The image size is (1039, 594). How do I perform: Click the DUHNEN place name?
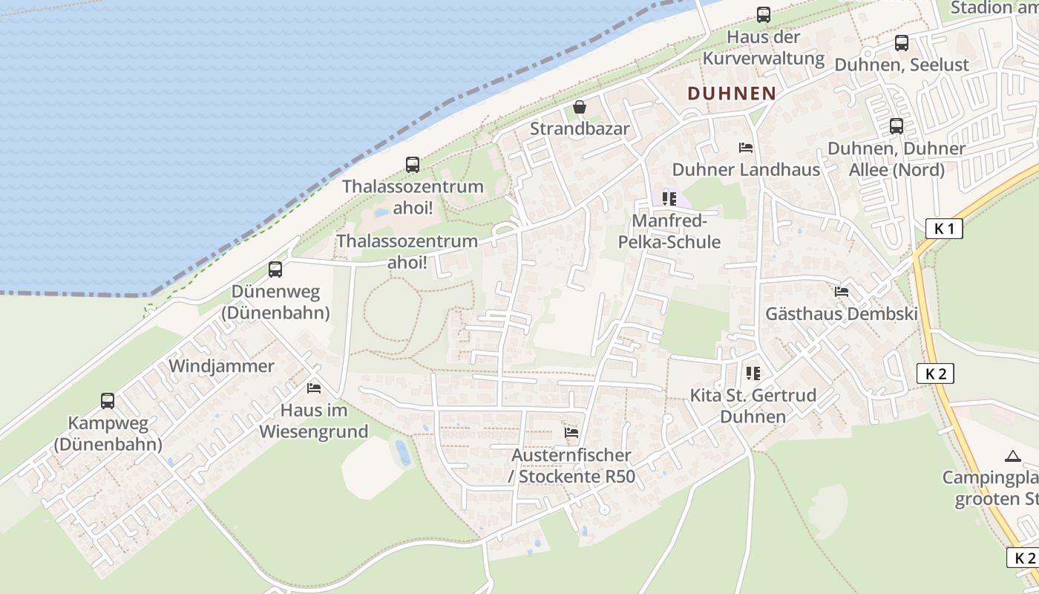[x=731, y=94]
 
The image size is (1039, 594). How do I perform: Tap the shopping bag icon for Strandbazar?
[x=580, y=108]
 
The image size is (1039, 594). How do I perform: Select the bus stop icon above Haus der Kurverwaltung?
[x=763, y=14]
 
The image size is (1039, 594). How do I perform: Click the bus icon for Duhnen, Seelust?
[x=901, y=43]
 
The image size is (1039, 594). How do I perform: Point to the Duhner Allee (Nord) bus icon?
[x=897, y=126]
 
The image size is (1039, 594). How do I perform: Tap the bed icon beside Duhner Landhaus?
[x=746, y=148]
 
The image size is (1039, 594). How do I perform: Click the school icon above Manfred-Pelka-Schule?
[x=669, y=199]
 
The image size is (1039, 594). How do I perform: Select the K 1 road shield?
[x=944, y=229]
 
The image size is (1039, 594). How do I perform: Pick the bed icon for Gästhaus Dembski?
[x=842, y=292]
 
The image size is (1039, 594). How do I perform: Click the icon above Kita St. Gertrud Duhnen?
[x=753, y=373]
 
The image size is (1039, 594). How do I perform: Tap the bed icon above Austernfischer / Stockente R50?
[x=571, y=432]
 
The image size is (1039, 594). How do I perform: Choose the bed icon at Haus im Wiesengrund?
[x=314, y=388]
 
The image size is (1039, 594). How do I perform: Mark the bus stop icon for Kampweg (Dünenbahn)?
[x=108, y=401]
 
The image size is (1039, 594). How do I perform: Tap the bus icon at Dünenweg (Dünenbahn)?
[x=275, y=269]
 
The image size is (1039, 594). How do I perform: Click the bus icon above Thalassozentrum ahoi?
[x=412, y=165]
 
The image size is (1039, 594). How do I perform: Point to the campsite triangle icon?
[x=1012, y=455]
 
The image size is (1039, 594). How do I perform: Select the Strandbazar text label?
[x=580, y=129]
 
